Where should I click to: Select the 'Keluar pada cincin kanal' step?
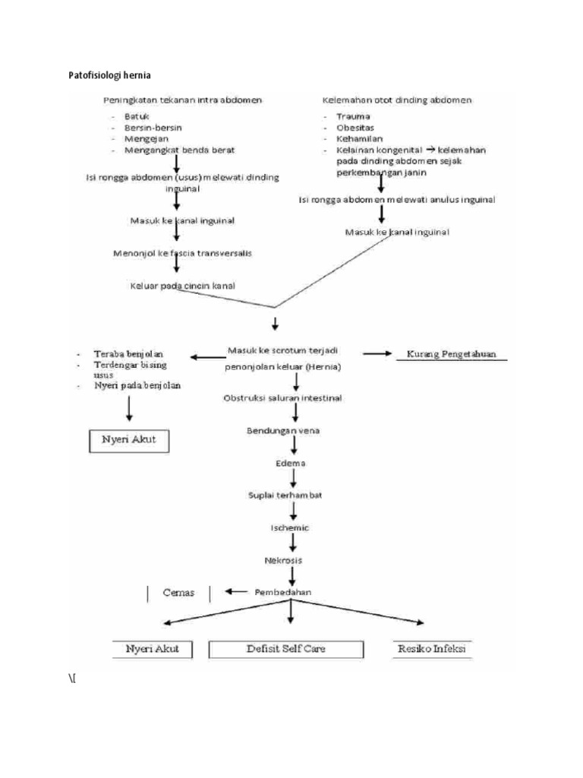[x=182, y=286]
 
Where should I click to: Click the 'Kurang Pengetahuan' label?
[x=452, y=354]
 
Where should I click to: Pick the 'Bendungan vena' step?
[x=282, y=431]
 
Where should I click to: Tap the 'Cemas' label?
[x=178, y=592]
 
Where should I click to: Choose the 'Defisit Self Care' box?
[x=288, y=650]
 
